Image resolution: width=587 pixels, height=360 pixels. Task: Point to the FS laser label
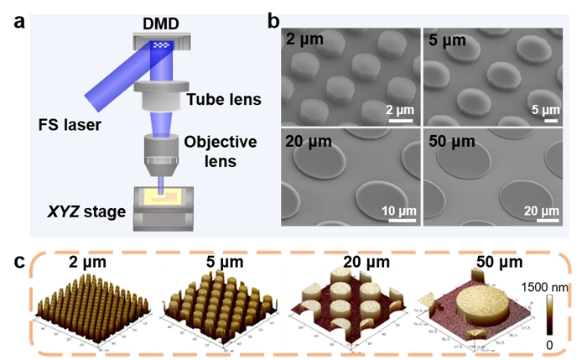click(x=70, y=126)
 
